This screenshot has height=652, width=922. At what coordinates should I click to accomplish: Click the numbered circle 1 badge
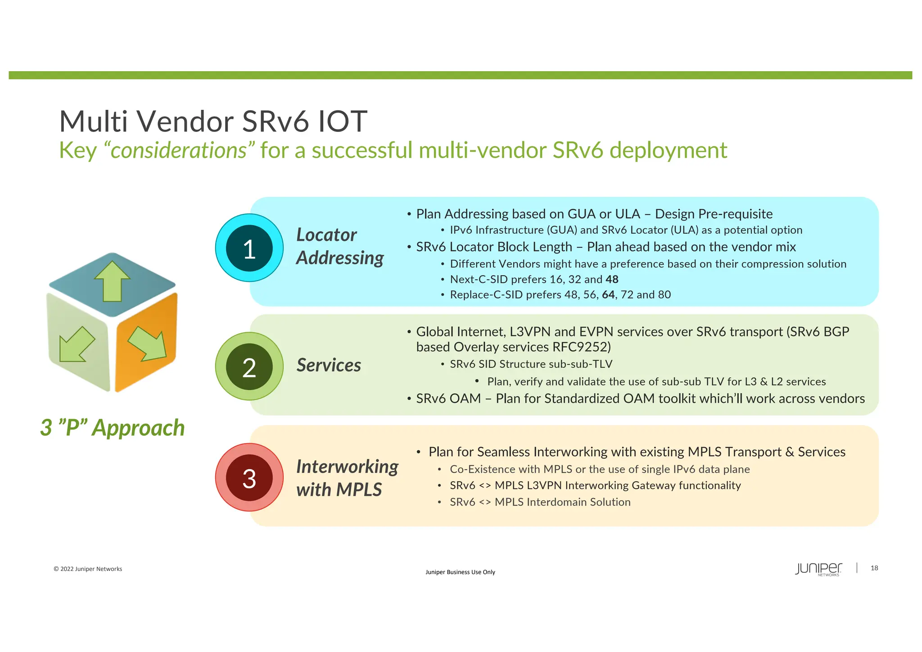pyautogui.click(x=249, y=248)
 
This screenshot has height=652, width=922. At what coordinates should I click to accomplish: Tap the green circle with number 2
pyautogui.click(x=249, y=366)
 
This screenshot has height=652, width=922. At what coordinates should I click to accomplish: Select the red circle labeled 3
pyautogui.click(x=249, y=477)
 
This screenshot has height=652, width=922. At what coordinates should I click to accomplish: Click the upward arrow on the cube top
pyautogui.click(x=112, y=281)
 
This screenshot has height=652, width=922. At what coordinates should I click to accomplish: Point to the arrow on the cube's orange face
pyautogui.click(x=147, y=343)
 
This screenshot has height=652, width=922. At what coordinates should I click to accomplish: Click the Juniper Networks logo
pyautogui.click(x=818, y=569)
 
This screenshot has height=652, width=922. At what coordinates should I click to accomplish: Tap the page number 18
pyautogui.click(x=874, y=568)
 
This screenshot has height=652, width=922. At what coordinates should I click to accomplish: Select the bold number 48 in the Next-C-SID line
pyautogui.click(x=612, y=280)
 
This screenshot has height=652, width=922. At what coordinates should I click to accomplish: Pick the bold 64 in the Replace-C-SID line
pyautogui.click(x=608, y=295)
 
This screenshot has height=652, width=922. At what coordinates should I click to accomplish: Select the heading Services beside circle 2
pyautogui.click(x=329, y=365)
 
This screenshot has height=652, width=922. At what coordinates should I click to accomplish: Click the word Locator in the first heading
pyautogui.click(x=326, y=235)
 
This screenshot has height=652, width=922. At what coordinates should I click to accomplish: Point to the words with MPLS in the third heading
pyautogui.click(x=339, y=490)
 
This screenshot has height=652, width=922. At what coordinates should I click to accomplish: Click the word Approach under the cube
pyautogui.click(x=138, y=428)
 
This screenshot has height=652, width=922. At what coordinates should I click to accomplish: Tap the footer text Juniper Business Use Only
pyautogui.click(x=460, y=572)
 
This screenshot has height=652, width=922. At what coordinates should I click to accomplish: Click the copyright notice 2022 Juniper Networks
pyautogui.click(x=88, y=569)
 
